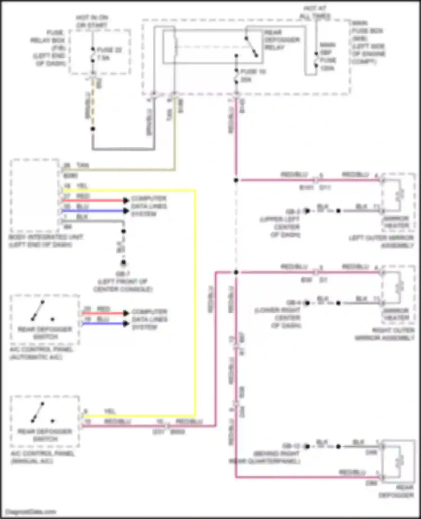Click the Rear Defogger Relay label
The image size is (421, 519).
[282, 40]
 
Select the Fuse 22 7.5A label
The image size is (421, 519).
[109, 54]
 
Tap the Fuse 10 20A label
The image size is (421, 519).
[252, 76]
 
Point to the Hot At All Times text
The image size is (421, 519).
[315, 12]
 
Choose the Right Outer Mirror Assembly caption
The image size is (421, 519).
[385, 334]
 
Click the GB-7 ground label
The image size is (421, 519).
[123, 274]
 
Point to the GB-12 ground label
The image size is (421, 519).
[292, 446]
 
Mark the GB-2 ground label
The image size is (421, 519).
[293, 211]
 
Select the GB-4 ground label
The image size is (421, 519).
[293, 303]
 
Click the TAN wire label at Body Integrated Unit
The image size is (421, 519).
[83, 165]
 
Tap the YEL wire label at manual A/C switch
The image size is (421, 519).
[110, 411]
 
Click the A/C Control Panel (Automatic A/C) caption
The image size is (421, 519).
[41, 353]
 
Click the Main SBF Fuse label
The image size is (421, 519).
[328, 56]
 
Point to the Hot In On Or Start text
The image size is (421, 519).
[92, 21]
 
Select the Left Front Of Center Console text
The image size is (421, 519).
[123, 285]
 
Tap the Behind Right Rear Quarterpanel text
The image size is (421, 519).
[264, 457]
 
